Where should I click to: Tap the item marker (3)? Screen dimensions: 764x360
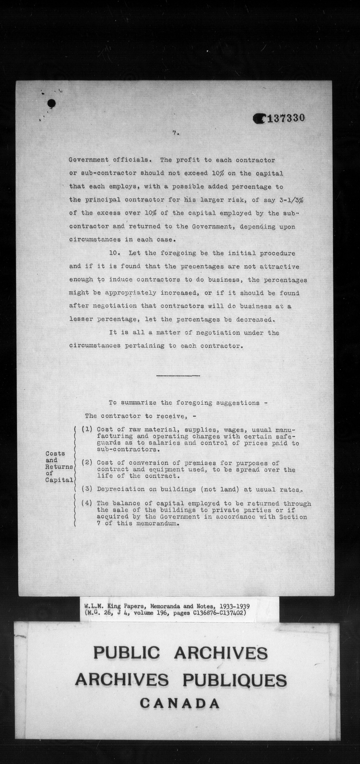[87, 489]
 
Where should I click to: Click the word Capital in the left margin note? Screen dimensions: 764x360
[59, 480]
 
